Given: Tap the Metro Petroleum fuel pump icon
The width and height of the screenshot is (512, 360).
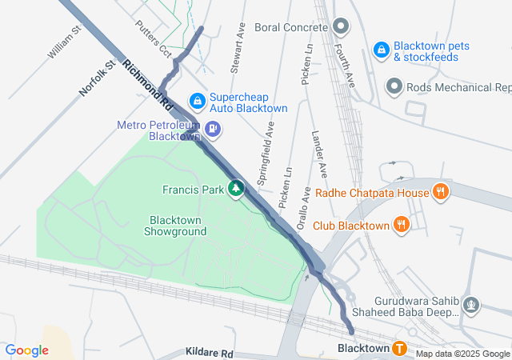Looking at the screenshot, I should pyautogui.click(x=213, y=128).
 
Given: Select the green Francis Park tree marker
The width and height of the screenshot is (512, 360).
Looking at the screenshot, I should pyautogui.click(x=236, y=188).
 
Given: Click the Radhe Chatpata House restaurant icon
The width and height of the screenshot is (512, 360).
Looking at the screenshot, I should pyautogui.click(x=439, y=191).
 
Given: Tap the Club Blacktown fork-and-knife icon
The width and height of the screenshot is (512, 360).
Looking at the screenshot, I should pyautogui.click(x=402, y=225).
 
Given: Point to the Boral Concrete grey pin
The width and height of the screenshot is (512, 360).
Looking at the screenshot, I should pyautogui.click(x=342, y=26).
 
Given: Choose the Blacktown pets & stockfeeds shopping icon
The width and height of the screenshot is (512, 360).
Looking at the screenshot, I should pyautogui.click(x=382, y=50).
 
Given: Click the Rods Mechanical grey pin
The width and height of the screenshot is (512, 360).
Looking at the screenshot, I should pyautogui.click(x=394, y=86).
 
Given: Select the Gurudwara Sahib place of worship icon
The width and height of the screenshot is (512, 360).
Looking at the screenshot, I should pyautogui.click(x=472, y=304).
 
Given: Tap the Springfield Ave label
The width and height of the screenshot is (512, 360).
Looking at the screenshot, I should pyautogui.click(x=267, y=150).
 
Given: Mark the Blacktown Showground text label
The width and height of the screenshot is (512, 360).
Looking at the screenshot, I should pyautogui.click(x=175, y=226).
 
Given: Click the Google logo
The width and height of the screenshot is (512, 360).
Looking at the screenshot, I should pyautogui.click(x=27, y=350).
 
